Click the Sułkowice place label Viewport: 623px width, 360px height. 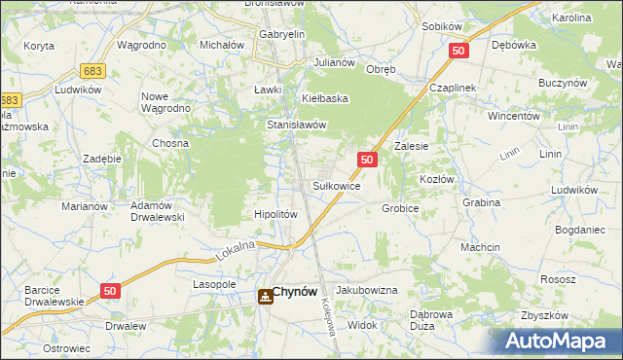(x=337, y=185)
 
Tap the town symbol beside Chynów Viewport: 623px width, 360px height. (x=265, y=297)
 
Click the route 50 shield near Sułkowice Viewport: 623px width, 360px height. (x=366, y=159)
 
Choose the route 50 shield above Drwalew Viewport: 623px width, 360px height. (x=111, y=291)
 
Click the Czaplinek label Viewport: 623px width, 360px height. (x=453, y=88)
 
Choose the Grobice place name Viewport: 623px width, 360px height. (x=400, y=208)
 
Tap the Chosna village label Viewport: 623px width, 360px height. (x=169, y=143)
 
